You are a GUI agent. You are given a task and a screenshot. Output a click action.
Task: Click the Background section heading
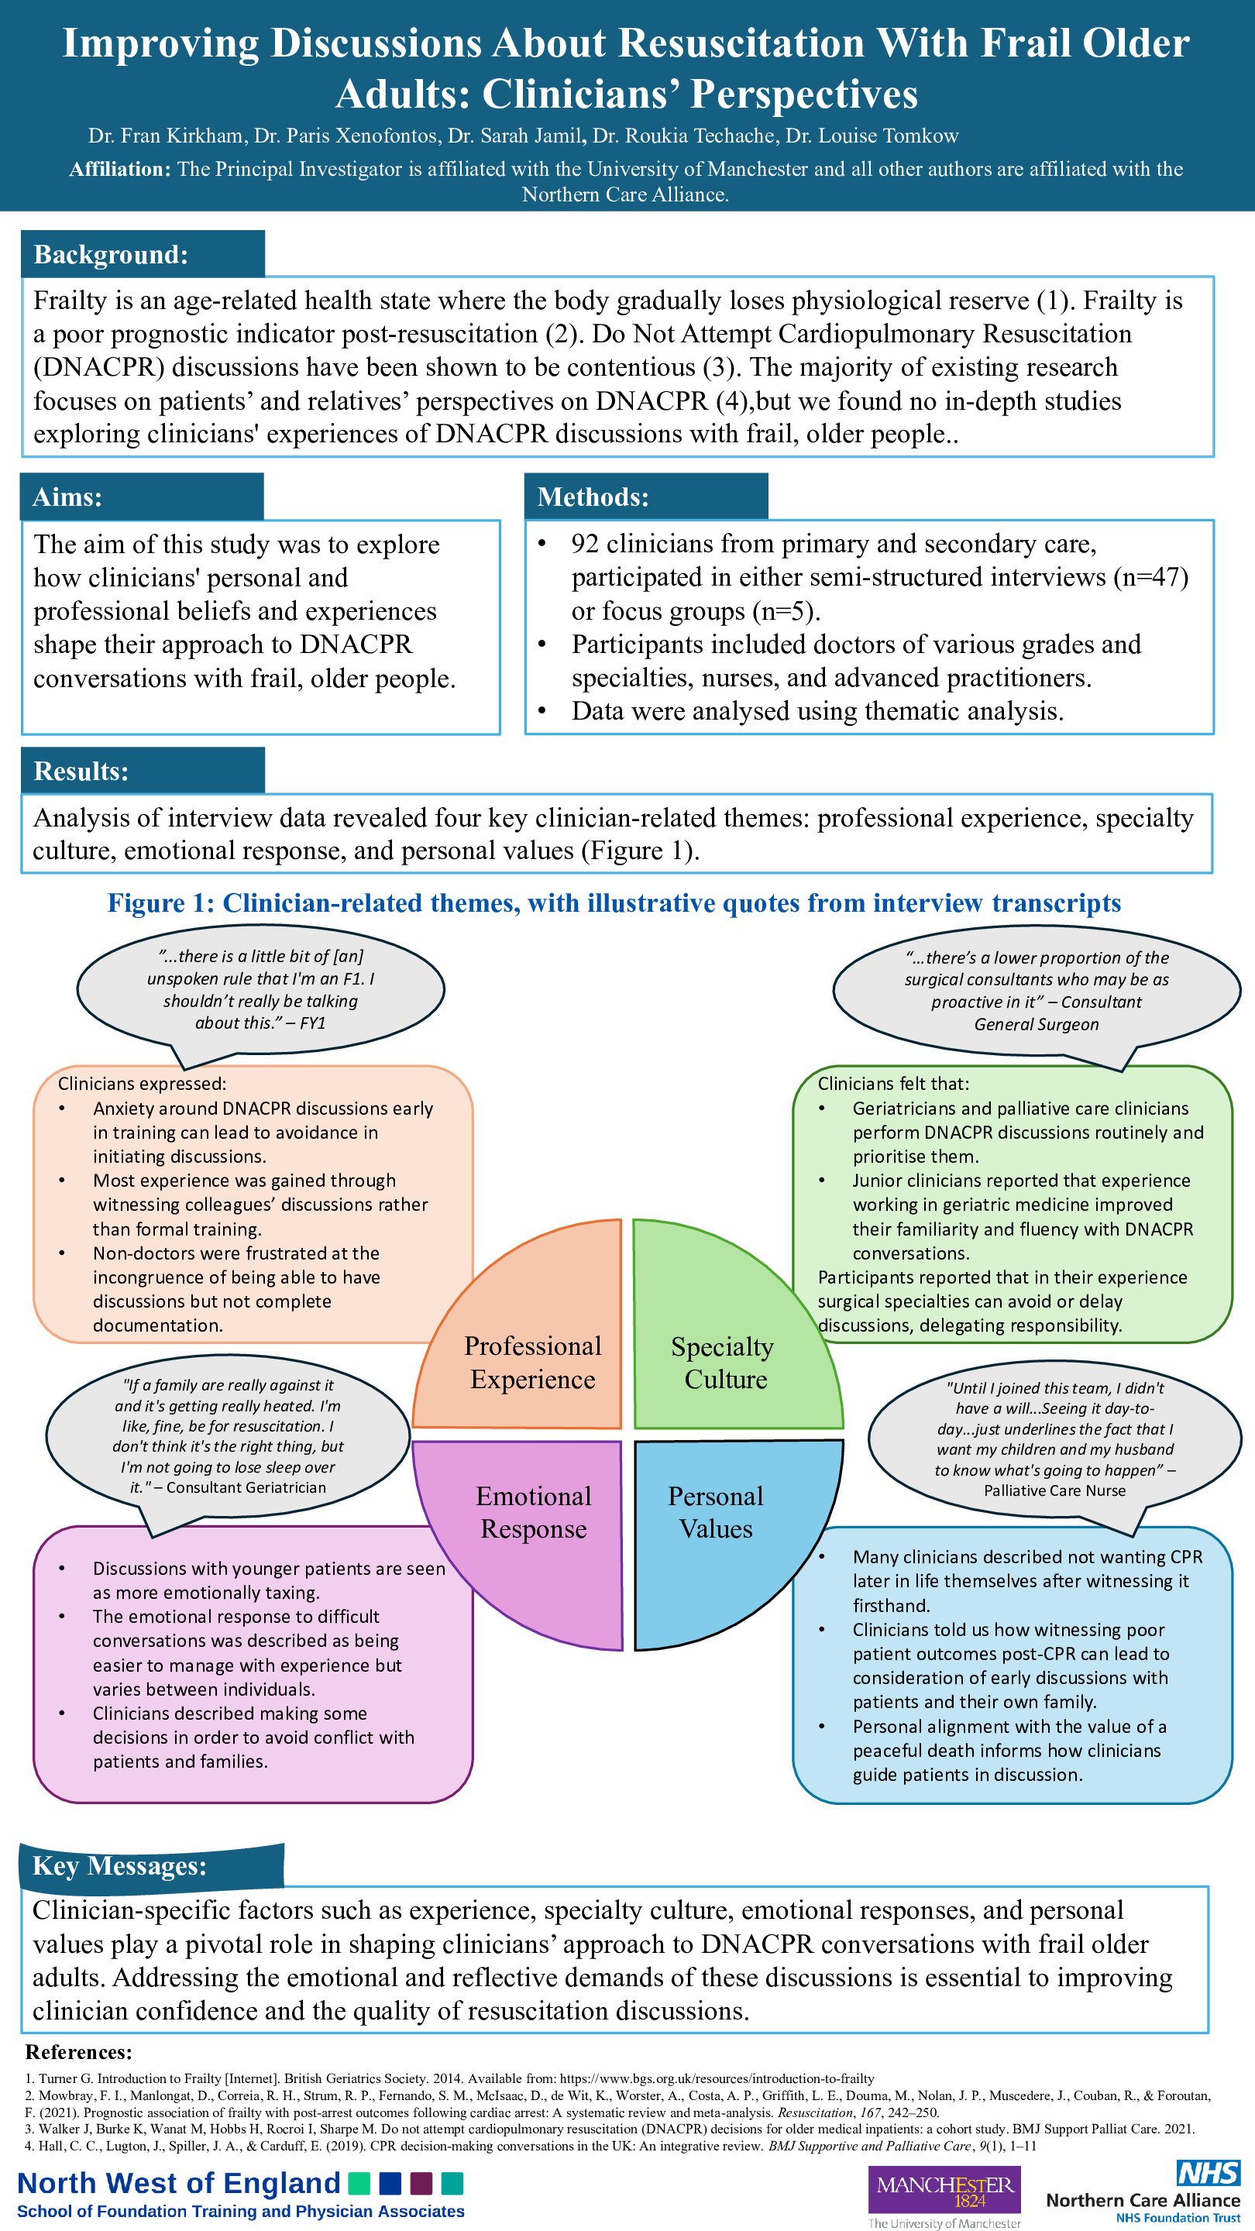[111, 255]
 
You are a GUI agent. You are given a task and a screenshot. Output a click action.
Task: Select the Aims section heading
[67, 497]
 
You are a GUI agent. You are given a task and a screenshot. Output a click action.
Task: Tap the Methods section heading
[593, 497]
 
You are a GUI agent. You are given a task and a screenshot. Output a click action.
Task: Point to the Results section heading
[81, 771]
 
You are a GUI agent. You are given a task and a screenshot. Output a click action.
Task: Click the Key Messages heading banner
[119, 1865]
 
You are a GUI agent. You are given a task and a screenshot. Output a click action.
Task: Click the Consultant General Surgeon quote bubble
[1036, 991]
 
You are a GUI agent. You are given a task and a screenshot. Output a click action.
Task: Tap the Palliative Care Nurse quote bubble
[1054, 1438]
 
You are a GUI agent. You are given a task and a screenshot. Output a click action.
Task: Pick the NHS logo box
[1209, 2171]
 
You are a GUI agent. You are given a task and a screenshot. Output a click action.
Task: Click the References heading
[79, 2052]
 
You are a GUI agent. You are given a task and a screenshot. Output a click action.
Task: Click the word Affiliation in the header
[119, 169]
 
